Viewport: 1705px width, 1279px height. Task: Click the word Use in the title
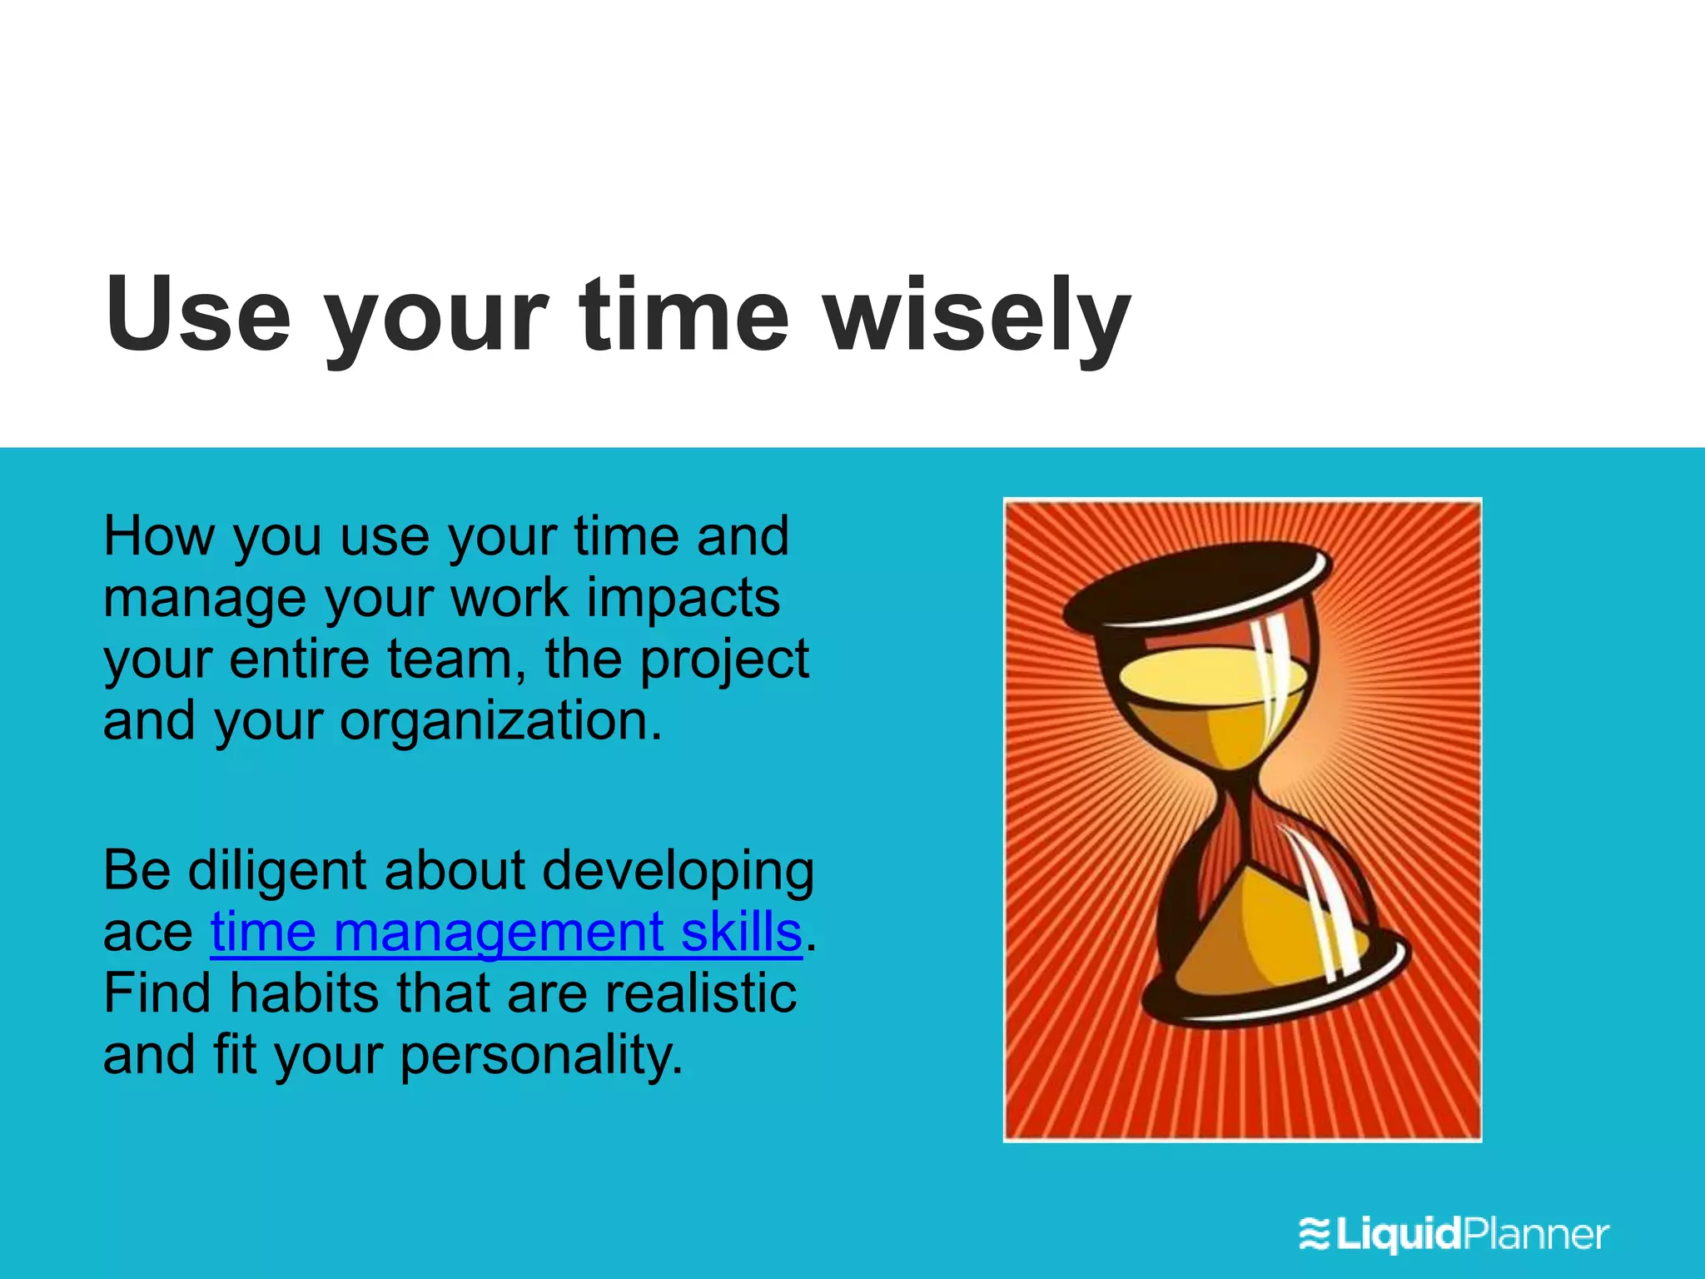[198, 313]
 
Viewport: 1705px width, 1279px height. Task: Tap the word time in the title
[683, 313]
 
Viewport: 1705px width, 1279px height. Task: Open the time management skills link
[505, 932]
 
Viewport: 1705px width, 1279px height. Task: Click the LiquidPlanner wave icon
[1315, 1233]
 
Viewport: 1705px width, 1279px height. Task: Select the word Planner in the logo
[1536, 1233]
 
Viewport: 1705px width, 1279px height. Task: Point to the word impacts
[683, 598]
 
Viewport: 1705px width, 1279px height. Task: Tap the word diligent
[276, 871]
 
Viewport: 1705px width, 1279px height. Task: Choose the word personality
[541, 1056]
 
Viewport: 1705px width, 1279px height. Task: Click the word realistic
[700, 993]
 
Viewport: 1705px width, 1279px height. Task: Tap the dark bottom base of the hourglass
[1274, 995]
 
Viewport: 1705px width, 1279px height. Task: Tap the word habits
[303, 993]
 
